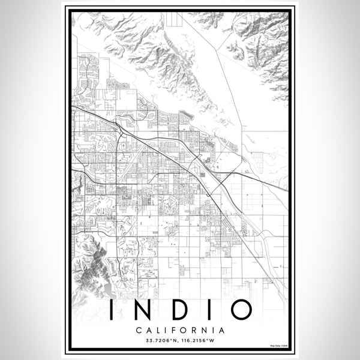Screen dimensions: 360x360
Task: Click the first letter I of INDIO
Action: pyautogui.click(x=112, y=310)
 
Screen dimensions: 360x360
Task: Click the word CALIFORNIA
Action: pyautogui.click(x=180, y=330)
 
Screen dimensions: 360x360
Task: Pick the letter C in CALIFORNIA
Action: pyautogui.click(x=139, y=330)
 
